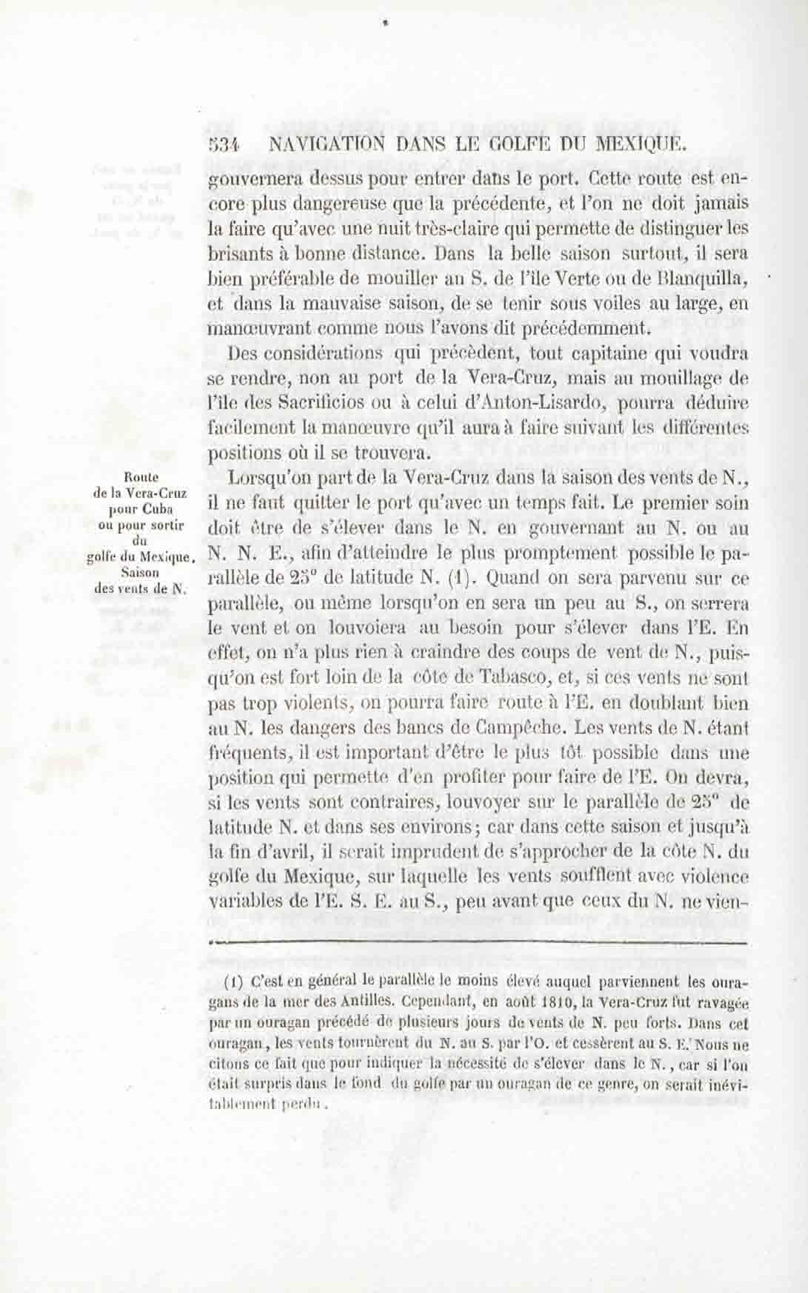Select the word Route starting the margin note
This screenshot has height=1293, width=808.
click(x=139, y=476)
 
